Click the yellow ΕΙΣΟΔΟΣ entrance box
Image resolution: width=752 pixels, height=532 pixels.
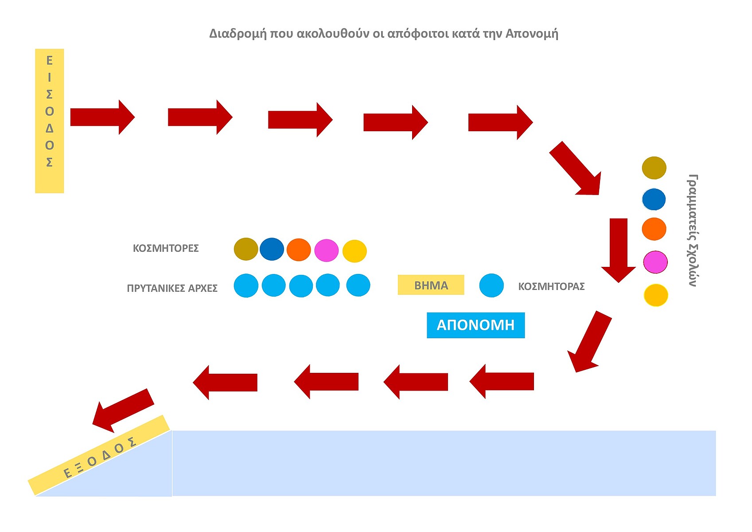point(49,121)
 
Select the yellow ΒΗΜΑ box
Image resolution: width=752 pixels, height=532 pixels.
point(431,285)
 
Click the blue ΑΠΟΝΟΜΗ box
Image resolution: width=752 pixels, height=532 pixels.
point(475,325)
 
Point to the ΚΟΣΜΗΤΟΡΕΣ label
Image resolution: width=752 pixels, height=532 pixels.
point(166,248)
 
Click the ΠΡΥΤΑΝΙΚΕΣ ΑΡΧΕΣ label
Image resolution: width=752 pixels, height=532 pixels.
point(172,288)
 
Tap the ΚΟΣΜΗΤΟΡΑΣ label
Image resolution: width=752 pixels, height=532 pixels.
point(551,286)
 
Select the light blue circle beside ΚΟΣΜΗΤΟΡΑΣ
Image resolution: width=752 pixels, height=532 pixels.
point(491,285)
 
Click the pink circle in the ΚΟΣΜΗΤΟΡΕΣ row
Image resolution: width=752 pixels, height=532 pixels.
point(326,250)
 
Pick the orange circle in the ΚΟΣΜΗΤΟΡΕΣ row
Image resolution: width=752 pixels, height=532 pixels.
point(299,250)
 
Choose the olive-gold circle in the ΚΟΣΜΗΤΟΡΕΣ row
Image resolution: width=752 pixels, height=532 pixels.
point(246,249)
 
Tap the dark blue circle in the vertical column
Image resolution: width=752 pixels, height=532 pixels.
point(654,199)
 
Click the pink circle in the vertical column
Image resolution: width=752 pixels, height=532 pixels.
point(655,262)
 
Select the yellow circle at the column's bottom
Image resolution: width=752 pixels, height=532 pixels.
point(656,295)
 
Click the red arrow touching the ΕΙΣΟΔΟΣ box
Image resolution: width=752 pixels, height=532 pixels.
point(102,117)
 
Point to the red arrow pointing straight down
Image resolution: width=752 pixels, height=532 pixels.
point(619,249)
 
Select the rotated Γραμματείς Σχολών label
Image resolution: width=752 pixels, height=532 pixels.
point(693,231)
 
